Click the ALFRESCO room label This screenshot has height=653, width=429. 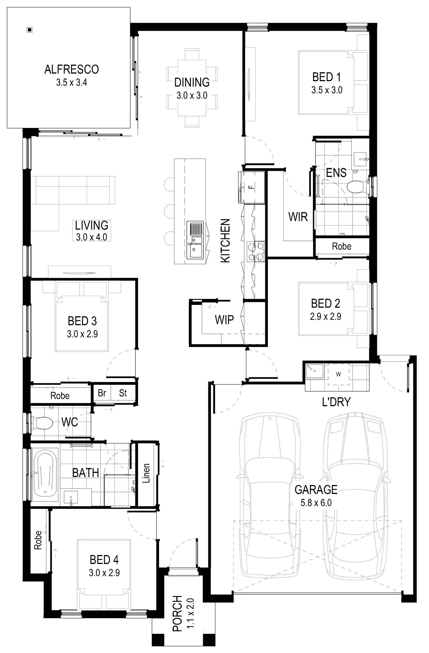click(x=71, y=69)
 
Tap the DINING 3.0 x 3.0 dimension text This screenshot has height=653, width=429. click(x=192, y=96)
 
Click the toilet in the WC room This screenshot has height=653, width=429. click(x=42, y=423)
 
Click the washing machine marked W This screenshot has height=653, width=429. click(x=339, y=374)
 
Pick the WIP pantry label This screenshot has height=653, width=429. click(x=224, y=320)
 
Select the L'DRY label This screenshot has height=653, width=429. click(x=336, y=402)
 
